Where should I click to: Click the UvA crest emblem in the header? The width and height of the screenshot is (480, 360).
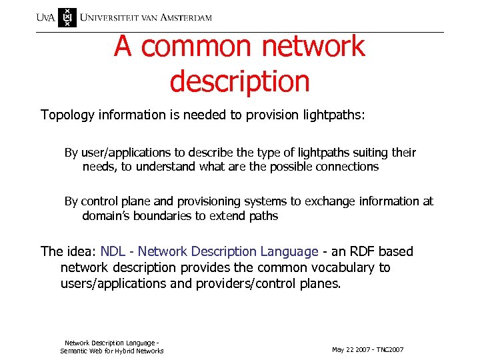(67, 17)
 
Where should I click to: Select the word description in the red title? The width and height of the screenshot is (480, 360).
(239, 81)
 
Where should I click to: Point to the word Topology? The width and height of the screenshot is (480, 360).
(68, 115)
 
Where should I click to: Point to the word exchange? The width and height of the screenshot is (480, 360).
(327, 201)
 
